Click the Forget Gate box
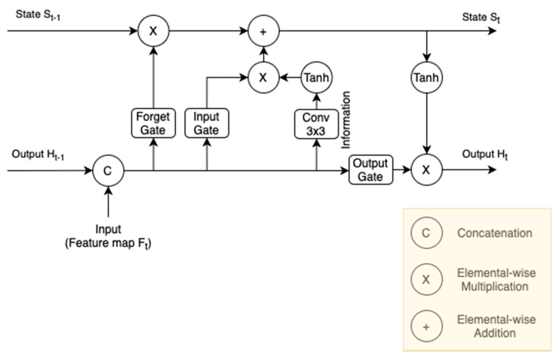pyautogui.click(x=153, y=123)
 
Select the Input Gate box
pyautogui.click(x=206, y=123)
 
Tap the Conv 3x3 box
pyautogui.click(x=316, y=124)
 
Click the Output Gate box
pyautogui.click(x=370, y=170)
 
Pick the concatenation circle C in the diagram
pyautogui.click(x=108, y=171)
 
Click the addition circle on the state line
pyautogui.click(x=263, y=31)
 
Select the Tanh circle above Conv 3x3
pyautogui.click(x=316, y=77)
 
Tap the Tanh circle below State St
pyautogui.click(x=426, y=77)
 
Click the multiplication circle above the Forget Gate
pyautogui.click(x=153, y=31)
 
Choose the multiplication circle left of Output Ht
pyautogui.click(x=426, y=170)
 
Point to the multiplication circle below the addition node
pyautogui.click(x=263, y=77)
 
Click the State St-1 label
pyautogui.click(x=38, y=15)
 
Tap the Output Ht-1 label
pyautogui.click(x=38, y=154)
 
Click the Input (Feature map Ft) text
pyautogui.click(x=108, y=236)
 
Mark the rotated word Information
pyautogui.click(x=346, y=120)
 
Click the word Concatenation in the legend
pyautogui.click(x=494, y=233)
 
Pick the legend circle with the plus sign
pyautogui.click(x=426, y=326)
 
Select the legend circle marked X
pyautogui.click(x=426, y=279)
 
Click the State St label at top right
pyautogui.click(x=481, y=17)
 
